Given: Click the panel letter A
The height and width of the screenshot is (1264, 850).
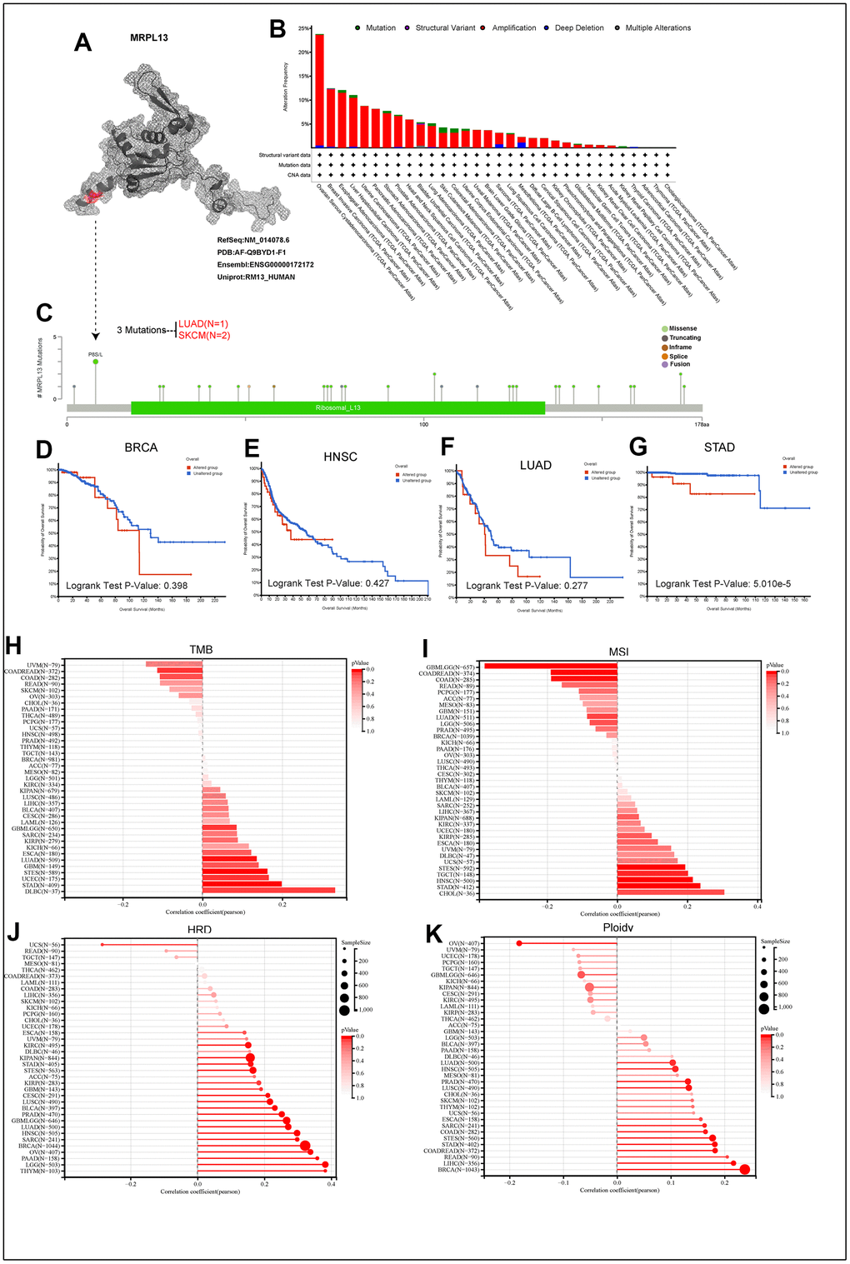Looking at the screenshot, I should point(82,42).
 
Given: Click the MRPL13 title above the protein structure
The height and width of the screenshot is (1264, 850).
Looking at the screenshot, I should point(149,37).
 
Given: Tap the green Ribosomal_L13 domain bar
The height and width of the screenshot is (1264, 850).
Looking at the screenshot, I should point(337,407).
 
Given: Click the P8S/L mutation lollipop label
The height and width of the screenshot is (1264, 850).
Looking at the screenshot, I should point(96,354).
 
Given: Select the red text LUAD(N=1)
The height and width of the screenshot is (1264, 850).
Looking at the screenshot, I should point(203,324).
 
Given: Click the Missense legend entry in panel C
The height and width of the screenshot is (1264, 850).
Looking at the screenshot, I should point(682,328).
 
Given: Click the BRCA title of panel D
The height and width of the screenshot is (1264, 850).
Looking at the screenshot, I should point(141,447).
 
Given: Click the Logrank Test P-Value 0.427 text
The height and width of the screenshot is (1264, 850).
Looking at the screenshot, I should point(328,583).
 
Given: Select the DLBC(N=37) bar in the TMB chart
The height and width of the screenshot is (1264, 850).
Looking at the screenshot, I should point(268,891).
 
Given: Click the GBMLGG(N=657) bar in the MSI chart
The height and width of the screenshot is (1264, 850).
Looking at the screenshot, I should point(550,666).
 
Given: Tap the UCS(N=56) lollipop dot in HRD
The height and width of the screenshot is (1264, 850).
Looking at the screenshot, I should point(102,944).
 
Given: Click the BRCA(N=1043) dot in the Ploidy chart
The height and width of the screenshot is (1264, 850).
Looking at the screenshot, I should point(744,1170).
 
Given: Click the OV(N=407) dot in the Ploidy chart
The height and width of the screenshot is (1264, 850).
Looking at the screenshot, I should point(519,943).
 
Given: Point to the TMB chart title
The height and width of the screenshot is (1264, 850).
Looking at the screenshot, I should point(201,651).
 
